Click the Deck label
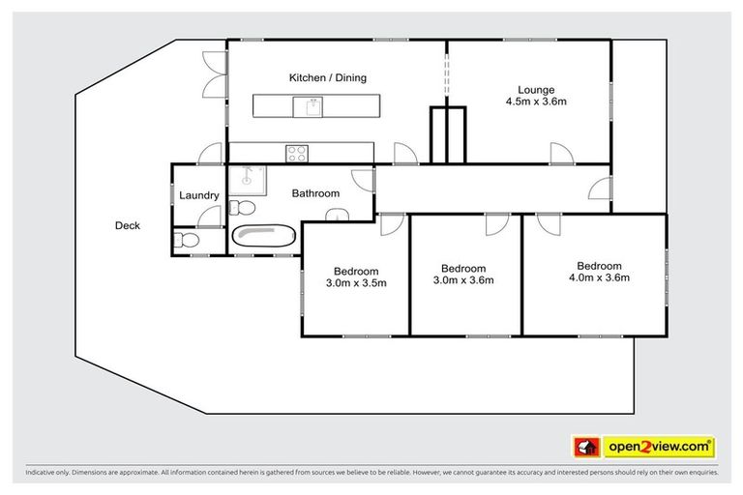pos(128,226)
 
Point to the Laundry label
pos(199,195)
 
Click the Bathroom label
pos(316,193)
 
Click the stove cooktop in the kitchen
pos(296,152)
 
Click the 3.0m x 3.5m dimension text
pos(356,283)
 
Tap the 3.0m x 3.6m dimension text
pos(462,281)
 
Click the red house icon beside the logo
pos(585,447)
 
